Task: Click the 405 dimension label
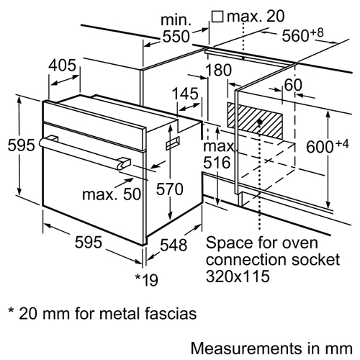click(x=62, y=66)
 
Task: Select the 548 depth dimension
click(x=174, y=245)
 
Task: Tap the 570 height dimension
click(x=170, y=189)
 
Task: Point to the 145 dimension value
click(x=186, y=94)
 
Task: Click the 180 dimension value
click(x=219, y=70)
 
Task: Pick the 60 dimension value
click(x=293, y=85)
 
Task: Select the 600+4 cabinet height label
click(x=328, y=146)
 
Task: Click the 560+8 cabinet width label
click(x=302, y=35)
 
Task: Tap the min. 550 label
click(x=176, y=28)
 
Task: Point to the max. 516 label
click(x=218, y=155)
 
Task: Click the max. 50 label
click(x=112, y=194)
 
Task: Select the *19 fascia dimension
click(x=147, y=279)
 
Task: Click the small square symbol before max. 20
click(x=217, y=17)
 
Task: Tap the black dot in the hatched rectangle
click(x=260, y=122)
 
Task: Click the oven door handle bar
click(x=84, y=152)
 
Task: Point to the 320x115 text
click(x=238, y=276)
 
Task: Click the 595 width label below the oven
click(x=89, y=242)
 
